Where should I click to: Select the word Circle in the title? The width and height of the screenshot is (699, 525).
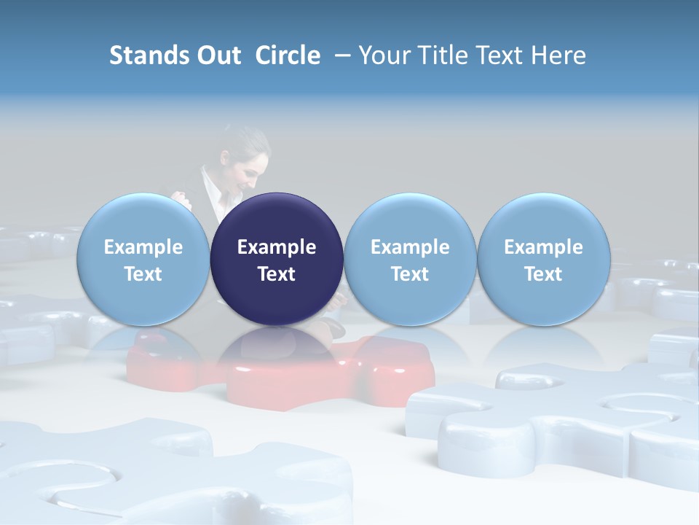coord(288,55)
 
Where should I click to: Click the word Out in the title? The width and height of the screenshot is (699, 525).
coord(218,55)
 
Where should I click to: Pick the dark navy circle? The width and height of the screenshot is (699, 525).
coord(277,260)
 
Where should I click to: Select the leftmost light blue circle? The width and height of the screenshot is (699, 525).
coord(143,260)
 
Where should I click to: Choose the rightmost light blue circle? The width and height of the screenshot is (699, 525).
coord(543,260)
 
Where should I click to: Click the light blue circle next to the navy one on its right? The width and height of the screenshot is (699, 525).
coord(410,260)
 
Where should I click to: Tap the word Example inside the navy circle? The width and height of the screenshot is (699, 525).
coord(277,247)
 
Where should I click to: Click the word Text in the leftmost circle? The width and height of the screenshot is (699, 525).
coord(143,274)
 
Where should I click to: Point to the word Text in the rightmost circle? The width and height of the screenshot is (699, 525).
coord(543,274)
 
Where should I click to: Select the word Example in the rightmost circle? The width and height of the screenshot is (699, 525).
coord(543,247)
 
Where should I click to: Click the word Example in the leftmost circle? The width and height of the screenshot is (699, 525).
coord(143,247)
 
